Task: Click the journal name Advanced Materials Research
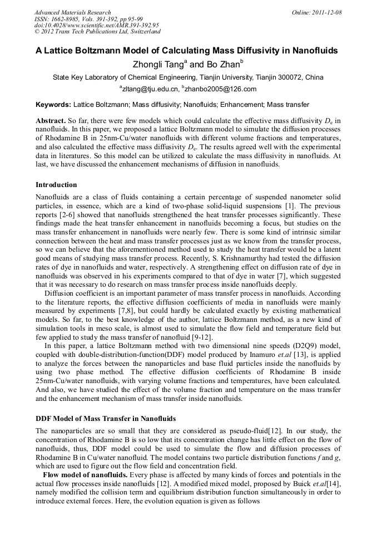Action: point(72,12)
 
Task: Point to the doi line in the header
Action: point(97,26)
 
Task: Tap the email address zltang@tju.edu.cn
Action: point(150,89)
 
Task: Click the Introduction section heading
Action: point(56,185)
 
